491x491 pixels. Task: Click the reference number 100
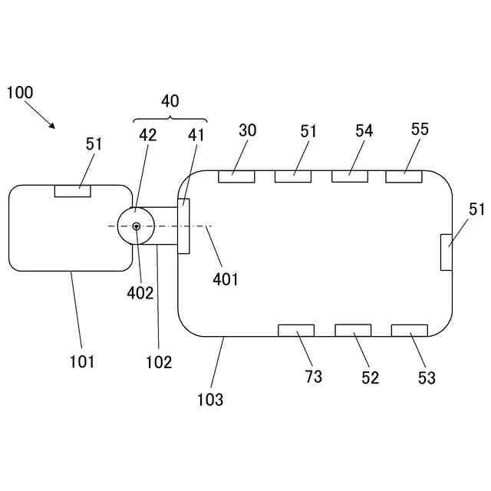click(20, 93)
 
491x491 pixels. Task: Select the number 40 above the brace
click(170, 101)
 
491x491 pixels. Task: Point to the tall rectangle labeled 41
click(183, 226)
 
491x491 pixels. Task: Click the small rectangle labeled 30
click(236, 176)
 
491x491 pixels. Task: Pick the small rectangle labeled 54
click(350, 176)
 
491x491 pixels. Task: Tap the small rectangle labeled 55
click(404, 176)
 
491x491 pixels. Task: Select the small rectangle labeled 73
click(295, 330)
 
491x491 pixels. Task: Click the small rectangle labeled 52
click(353, 330)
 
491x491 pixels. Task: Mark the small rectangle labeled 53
click(410, 330)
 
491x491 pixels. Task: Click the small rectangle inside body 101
click(73, 190)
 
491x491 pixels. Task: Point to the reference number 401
click(225, 278)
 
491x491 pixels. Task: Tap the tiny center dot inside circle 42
click(136, 226)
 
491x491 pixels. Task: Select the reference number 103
click(210, 399)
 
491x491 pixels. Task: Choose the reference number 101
click(81, 361)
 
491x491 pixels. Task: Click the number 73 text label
click(313, 376)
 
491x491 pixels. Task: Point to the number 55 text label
click(420, 129)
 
